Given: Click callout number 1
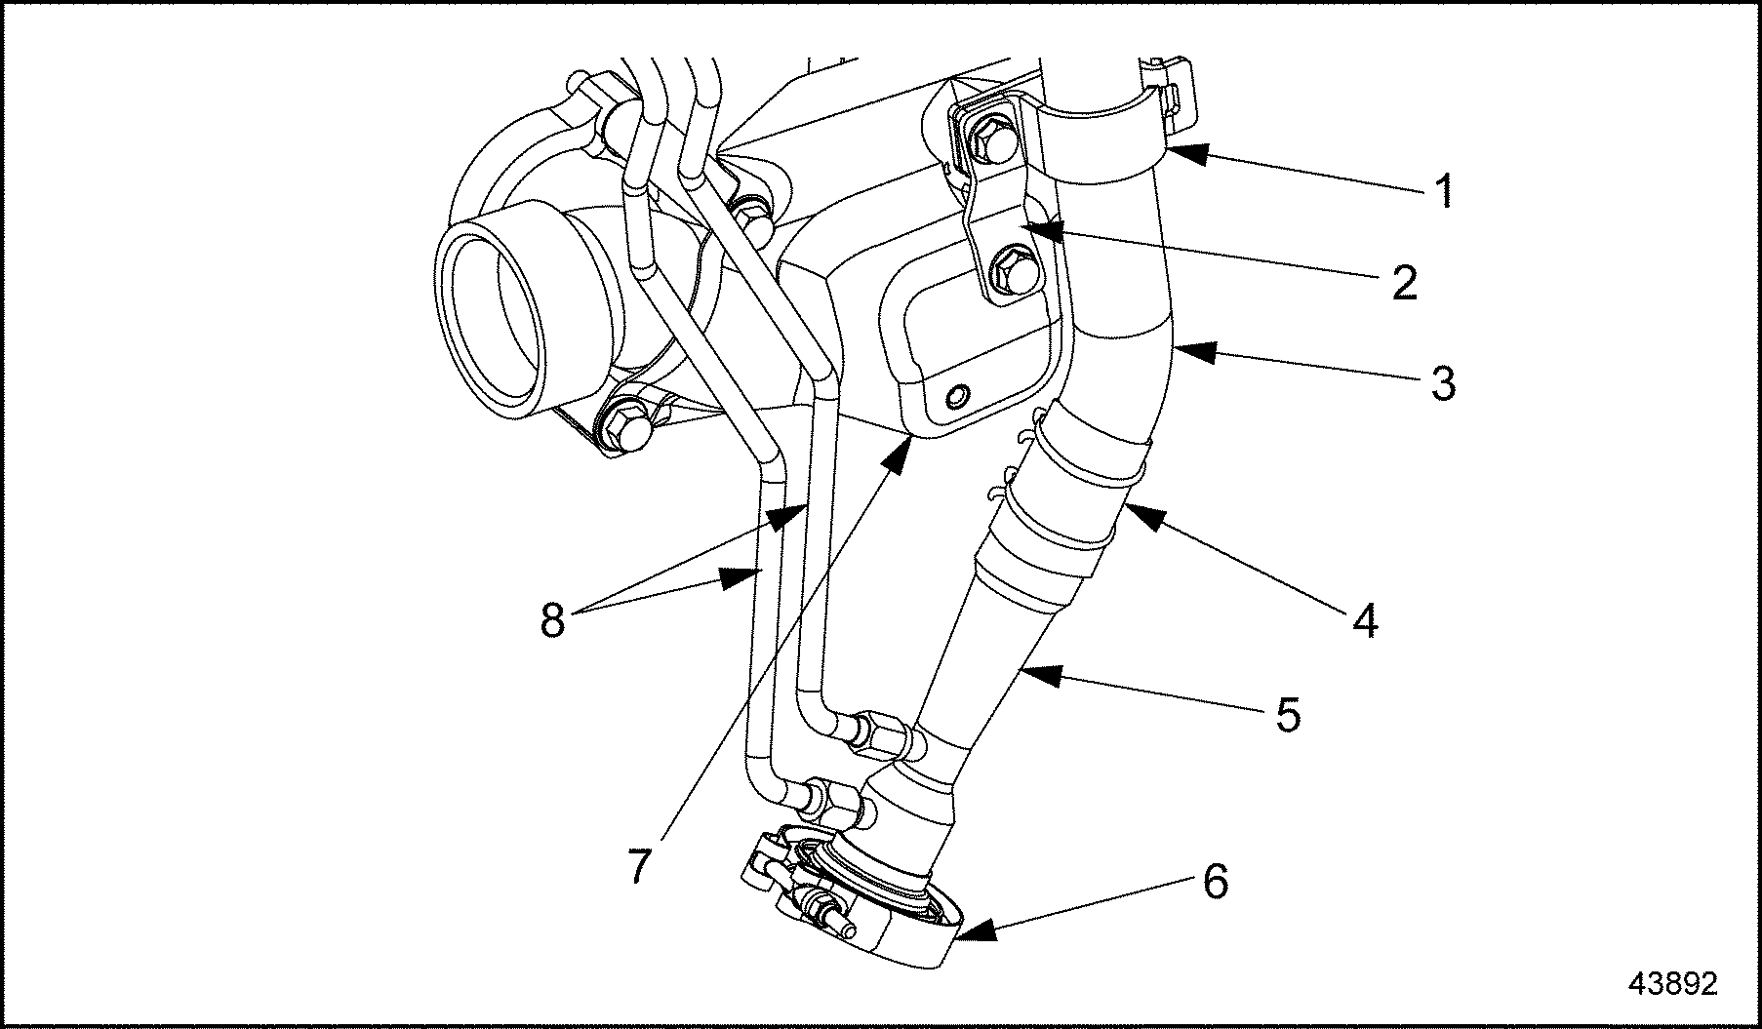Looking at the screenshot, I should coord(1445,191).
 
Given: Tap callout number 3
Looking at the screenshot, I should coord(1443,383).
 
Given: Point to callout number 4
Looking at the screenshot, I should coord(1367,620).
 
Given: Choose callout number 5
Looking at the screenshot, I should coord(1289,715).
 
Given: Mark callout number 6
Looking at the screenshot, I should coord(1214,882).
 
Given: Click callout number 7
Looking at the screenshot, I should coord(638,865).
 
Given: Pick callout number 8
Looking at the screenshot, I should coord(552,619).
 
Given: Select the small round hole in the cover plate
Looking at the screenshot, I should coord(958,396).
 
